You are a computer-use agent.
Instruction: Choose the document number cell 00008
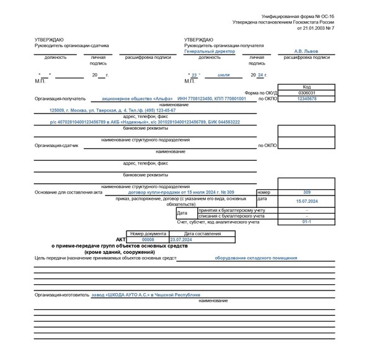[x=148, y=239]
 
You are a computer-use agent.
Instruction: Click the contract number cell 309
[x=306, y=192]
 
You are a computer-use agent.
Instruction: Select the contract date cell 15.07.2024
[x=306, y=201]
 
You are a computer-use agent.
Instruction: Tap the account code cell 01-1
[x=306, y=222]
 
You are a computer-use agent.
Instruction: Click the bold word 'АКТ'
[x=121, y=239]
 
